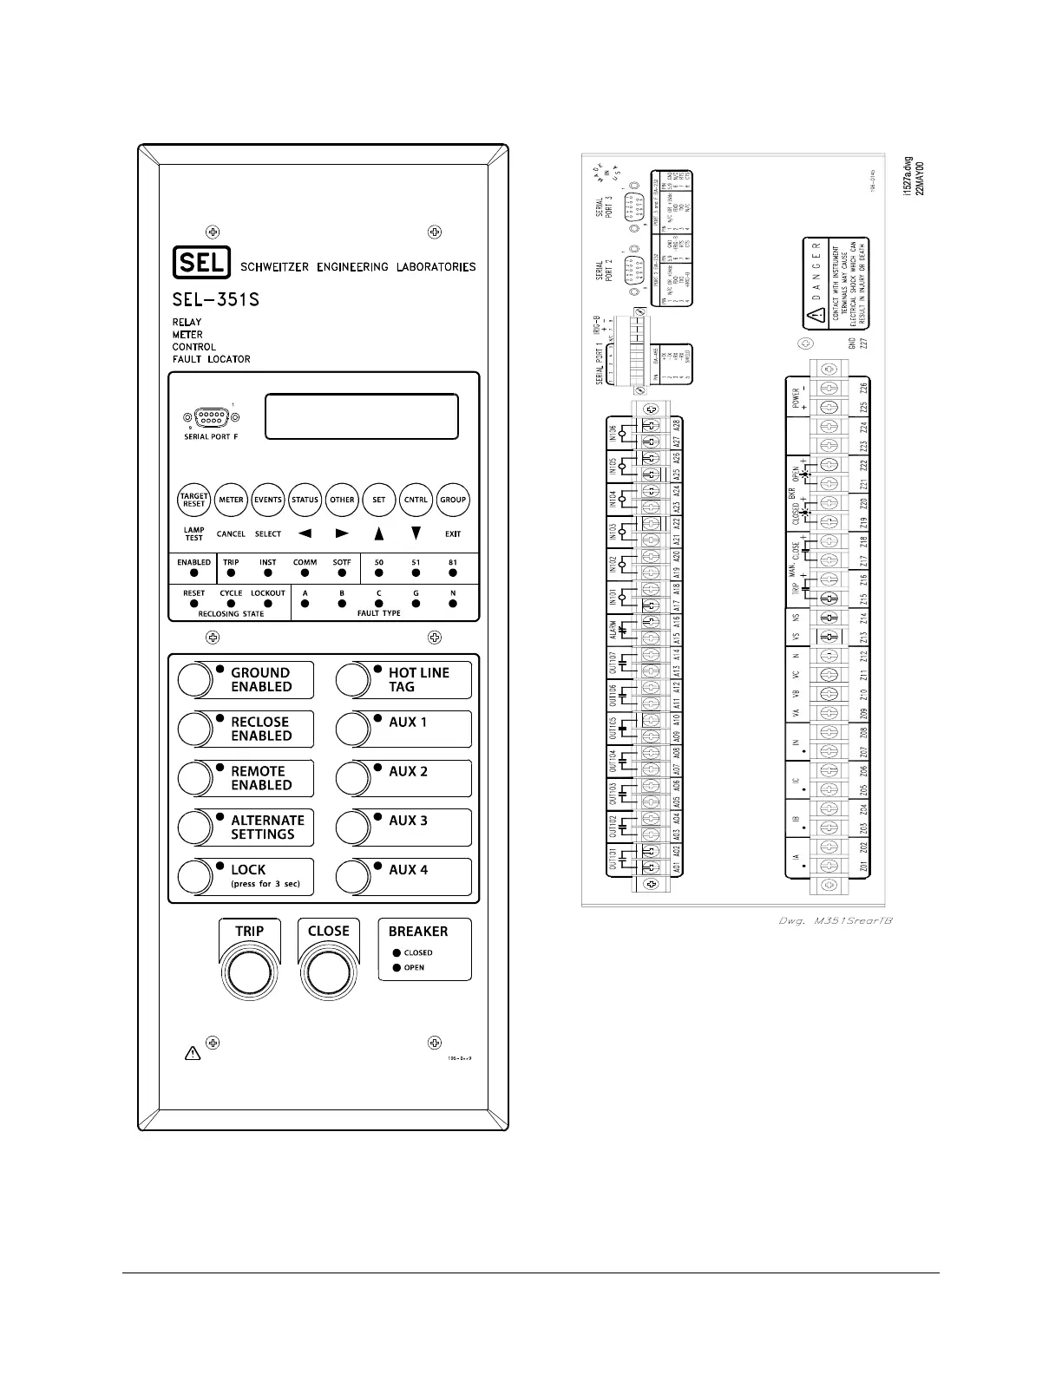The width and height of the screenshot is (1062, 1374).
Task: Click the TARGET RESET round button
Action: pos(194,500)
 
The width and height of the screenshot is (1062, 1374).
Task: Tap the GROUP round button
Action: pos(453,500)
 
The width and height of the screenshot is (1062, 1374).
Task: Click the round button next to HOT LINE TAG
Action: pos(352,679)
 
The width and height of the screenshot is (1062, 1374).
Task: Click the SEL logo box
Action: pos(201,263)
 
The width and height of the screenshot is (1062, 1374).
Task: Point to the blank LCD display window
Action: pos(361,417)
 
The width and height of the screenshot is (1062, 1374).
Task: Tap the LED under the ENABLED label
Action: pos(194,573)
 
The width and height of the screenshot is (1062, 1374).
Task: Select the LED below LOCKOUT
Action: pos(268,603)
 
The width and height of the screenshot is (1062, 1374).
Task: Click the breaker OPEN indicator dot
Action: pos(397,967)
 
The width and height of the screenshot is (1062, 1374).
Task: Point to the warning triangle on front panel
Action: pos(193,1054)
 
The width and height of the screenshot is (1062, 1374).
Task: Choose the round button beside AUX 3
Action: pos(352,828)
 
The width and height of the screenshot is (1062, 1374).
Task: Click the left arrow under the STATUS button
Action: pos(305,534)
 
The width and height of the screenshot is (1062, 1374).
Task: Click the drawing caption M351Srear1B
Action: pos(835,920)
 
